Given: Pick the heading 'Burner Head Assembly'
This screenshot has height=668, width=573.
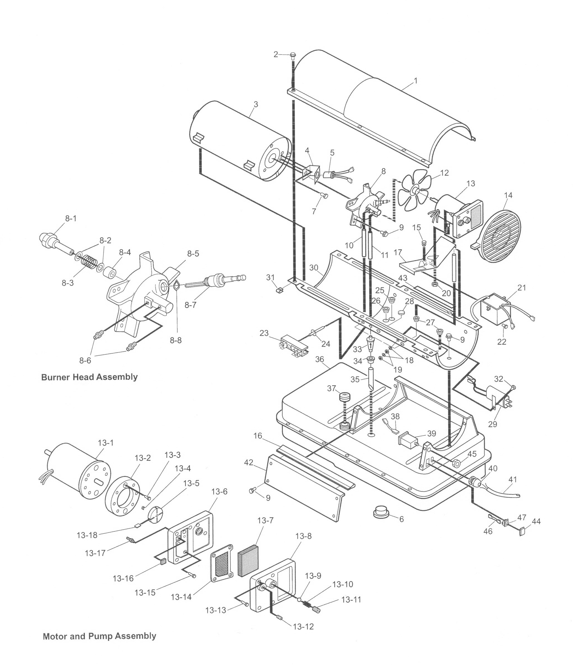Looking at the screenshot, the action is click(90, 377).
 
